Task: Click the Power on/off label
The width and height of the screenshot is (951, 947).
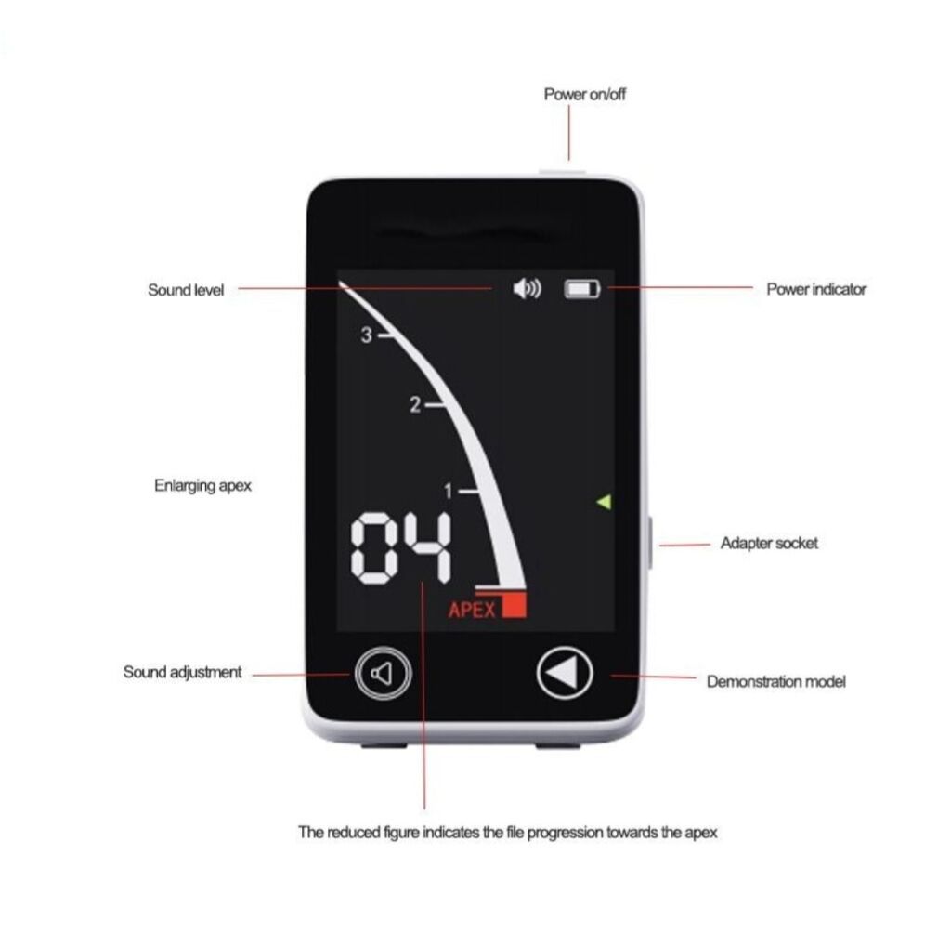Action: coord(585,94)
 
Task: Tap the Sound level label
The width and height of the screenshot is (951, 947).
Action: coord(186,290)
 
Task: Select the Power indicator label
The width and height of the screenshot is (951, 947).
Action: coord(816,289)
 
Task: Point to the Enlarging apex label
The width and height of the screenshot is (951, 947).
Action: coord(202,486)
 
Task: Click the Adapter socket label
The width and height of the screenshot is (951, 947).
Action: coord(769,543)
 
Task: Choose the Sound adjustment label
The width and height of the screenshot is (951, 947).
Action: coord(183,672)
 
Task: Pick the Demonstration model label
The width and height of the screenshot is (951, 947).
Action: coord(775,682)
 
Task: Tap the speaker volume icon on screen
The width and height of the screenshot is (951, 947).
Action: coord(528,288)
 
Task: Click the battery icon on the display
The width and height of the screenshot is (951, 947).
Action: coord(582,289)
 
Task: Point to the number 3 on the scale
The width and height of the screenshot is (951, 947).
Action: coord(366,335)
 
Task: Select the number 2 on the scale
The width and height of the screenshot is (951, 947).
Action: coord(415,404)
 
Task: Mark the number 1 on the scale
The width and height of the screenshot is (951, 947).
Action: coord(449,491)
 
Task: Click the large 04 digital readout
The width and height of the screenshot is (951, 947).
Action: coord(401,548)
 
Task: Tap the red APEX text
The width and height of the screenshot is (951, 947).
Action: coord(472,610)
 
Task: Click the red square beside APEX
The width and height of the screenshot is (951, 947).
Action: coord(514,605)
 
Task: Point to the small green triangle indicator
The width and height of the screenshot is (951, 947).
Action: coord(604,502)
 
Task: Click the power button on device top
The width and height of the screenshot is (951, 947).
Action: coord(563,173)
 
